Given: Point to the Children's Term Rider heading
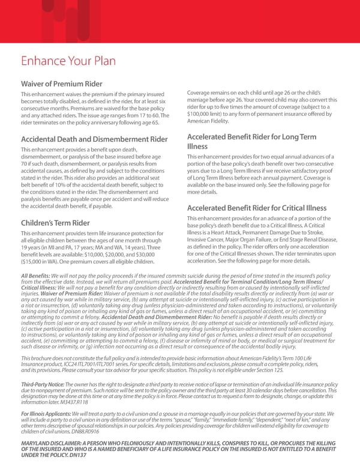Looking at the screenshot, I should (x=55, y=223).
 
